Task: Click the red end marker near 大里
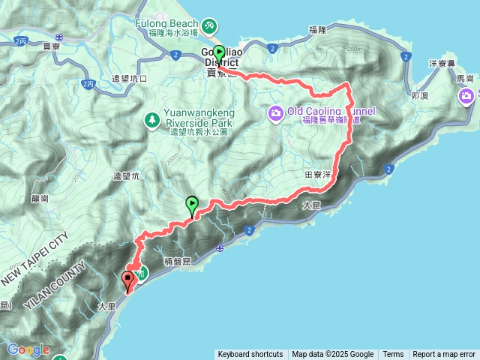(x=127, y=280)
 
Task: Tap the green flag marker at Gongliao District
(x=218, y=52)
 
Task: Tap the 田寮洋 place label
(x=318, y=174)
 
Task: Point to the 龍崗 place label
(x=40, y=199)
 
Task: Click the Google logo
(x=28, y=349)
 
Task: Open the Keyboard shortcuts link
(x=250, y=355)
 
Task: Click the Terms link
(x=393, y=355)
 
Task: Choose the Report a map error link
(x=444, y=355)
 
